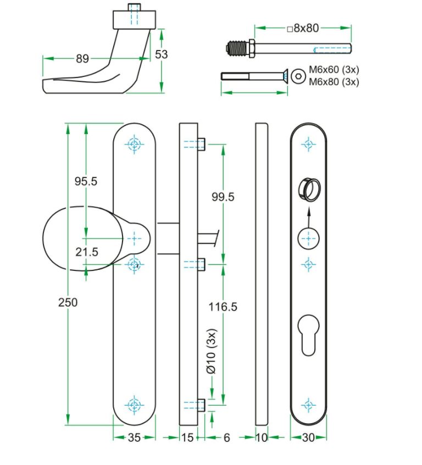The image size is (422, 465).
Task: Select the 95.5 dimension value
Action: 86,181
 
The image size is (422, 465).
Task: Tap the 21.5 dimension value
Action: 86,252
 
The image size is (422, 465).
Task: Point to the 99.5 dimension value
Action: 223,197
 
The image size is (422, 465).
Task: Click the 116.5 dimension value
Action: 223,307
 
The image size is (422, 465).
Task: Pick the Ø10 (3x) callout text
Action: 212,352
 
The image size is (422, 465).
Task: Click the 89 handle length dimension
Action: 82,59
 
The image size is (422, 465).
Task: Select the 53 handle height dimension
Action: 162,54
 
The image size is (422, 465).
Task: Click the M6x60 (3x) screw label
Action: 334,70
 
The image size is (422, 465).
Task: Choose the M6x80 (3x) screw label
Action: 334,82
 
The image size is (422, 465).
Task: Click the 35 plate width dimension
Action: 134,438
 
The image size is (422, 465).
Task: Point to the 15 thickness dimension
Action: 188,438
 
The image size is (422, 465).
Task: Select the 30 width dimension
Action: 309,438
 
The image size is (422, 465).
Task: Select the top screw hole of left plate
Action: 135,145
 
